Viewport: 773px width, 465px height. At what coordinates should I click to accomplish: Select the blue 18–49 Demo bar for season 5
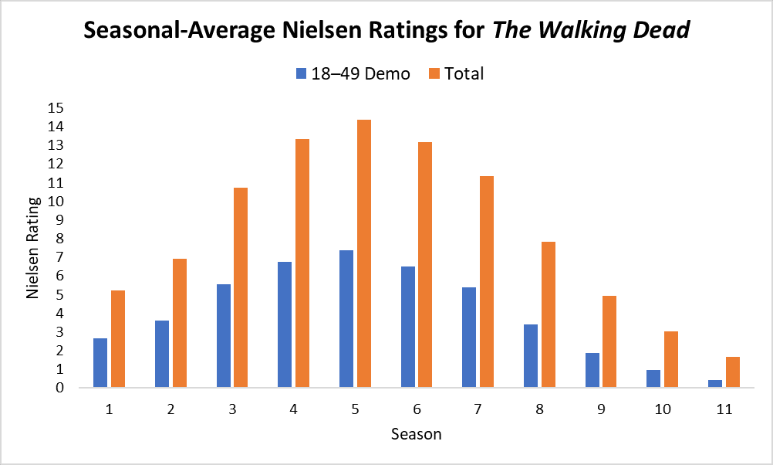click(x=346, y=318)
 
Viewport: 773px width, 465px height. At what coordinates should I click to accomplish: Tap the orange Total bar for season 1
click(x=118, y=338)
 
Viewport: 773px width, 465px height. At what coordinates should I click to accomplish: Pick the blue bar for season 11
click(x=715, y=383)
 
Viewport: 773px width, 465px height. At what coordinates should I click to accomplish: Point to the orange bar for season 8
click(x=549, y=314)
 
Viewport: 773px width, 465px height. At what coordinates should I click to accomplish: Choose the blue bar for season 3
click(x=224, y=335)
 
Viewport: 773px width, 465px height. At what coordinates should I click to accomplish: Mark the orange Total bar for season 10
click(x=671, y=359)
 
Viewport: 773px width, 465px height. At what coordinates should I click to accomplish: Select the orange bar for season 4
click(x=302, y=263)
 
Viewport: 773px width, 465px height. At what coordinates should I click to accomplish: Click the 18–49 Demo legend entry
click(x=353, y=74)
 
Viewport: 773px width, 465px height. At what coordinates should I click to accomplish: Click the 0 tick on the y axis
click(x=59, y=388)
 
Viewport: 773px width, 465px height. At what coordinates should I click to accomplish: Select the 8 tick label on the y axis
click(x=59, y=239)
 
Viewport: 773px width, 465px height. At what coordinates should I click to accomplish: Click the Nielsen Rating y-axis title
click(x=33, y=247)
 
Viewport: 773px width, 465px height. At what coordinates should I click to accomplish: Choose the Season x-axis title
click(x=417, y=434)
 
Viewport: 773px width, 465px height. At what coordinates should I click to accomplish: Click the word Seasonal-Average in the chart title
click(x=184, y=31)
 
